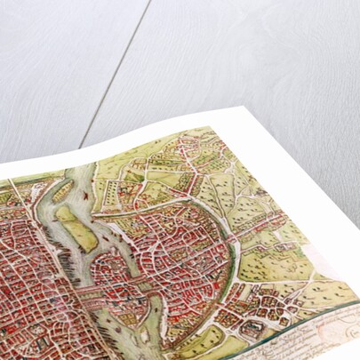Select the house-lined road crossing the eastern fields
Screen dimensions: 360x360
tap(267, 222)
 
